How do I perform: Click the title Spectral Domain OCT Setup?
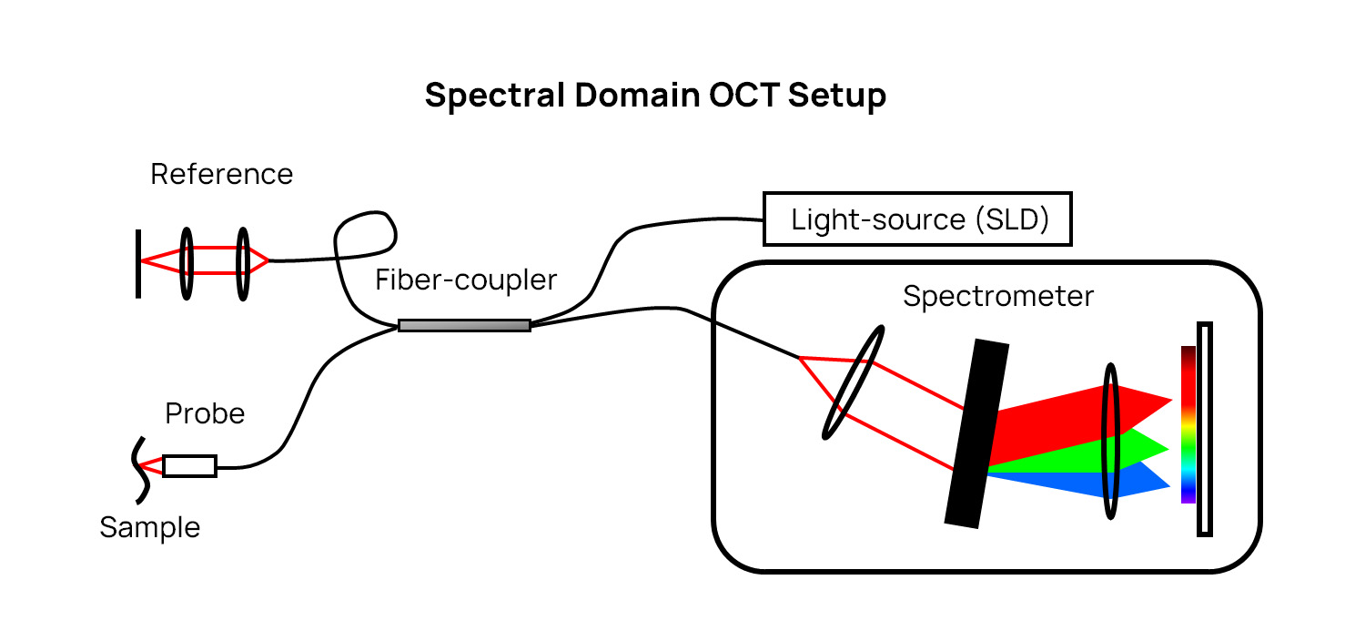655,96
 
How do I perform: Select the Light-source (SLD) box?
917,219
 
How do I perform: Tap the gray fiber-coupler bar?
464,325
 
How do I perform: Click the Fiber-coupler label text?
466,280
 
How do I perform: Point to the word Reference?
221,174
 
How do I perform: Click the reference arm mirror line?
138,263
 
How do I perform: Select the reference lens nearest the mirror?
187,263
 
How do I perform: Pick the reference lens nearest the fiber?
242,263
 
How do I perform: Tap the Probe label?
205,414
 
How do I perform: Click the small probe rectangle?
189,466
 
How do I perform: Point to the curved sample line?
139,470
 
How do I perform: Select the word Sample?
149,527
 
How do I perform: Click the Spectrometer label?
998,296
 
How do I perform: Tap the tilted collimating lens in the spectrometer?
853,382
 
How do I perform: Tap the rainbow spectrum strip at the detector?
1188,424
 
